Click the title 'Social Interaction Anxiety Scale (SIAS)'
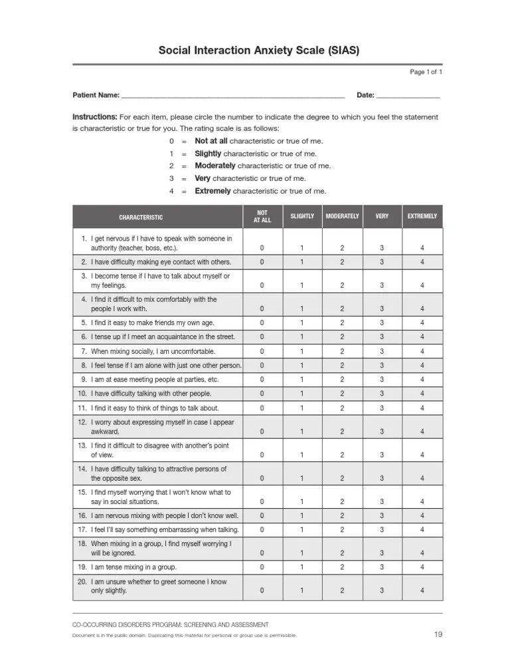pyautogui.click(x=259, y=51)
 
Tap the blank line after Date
pyautogui.click(x=408, y=96)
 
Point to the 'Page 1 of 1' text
pyautogui.click(x=426, y=71)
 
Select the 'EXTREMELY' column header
pyautogui.click(x=422, y=217)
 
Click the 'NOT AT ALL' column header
pyautogui.click(x=262, y=217)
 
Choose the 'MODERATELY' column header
pyautogui.click(x=342, y=217)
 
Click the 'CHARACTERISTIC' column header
pyautogui.click(x=141, y=217)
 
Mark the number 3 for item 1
pyautogui.click(x=382, y=248)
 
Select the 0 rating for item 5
pyautogui.click(x=262, y=323)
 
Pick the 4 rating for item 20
pyautogui.click(x=422, y=591)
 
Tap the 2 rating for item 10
pyautogui.click(x=342, y=394)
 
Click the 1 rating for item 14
pyautogui.click(x=301, y=478)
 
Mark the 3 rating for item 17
pyautogui.click(x=382, y=530)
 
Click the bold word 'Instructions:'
pyautogui.click(x=95, y=117)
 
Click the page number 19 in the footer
pyautogui.click(x=438, y=634)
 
